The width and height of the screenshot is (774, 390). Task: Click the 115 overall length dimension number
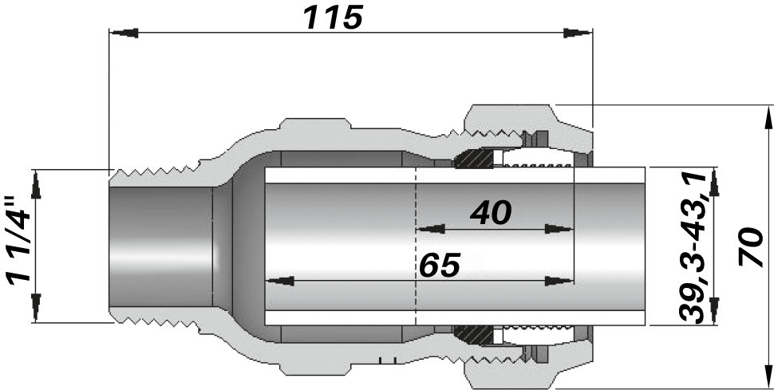click(334, 17)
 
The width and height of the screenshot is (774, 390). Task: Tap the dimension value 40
click(491, 213)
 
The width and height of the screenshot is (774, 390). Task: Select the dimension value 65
click(440, 265)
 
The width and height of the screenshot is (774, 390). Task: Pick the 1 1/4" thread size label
click(19, 240)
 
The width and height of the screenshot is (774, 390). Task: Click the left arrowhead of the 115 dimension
click(124, 33)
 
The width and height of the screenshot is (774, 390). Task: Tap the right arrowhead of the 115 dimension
click(578, 33)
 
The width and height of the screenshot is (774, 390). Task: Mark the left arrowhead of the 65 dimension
click(280, 282)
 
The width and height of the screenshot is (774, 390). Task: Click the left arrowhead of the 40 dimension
click(431, 229)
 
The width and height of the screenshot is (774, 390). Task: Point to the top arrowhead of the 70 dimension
click(768, 119)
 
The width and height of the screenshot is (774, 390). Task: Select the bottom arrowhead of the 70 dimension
click(768, 376)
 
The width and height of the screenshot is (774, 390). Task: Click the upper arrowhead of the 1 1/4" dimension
click(36, 183)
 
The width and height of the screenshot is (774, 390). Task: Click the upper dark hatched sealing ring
click(474, 158)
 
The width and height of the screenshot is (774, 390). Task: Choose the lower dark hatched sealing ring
click(474, 335)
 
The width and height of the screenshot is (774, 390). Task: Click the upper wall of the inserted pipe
click(455, 175)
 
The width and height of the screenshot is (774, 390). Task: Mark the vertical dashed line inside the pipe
click(416, 246)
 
